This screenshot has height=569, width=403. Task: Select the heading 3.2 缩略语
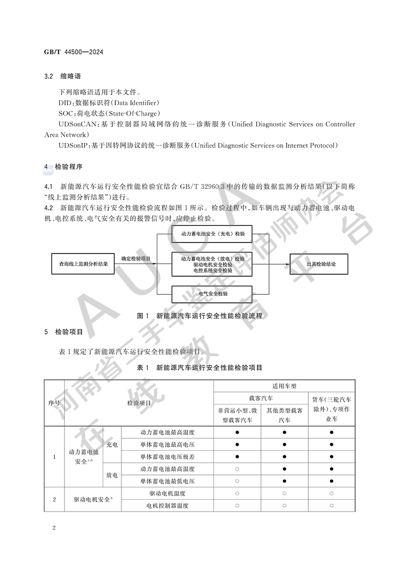point(63,77)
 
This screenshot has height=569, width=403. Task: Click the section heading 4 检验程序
point(63,166)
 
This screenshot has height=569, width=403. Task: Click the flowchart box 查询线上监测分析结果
point(83,263)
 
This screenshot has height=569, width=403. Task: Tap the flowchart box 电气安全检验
point(212,293)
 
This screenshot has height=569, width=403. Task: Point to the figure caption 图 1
point(143,316)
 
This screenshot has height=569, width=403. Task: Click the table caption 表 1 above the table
point(143,368)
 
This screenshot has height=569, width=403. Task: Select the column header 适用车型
point(284,386)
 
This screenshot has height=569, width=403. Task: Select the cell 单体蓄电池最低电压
point(168,481)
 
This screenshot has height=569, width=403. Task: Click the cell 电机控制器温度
point(168,506)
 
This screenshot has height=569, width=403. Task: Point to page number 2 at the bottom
point(53,527)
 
